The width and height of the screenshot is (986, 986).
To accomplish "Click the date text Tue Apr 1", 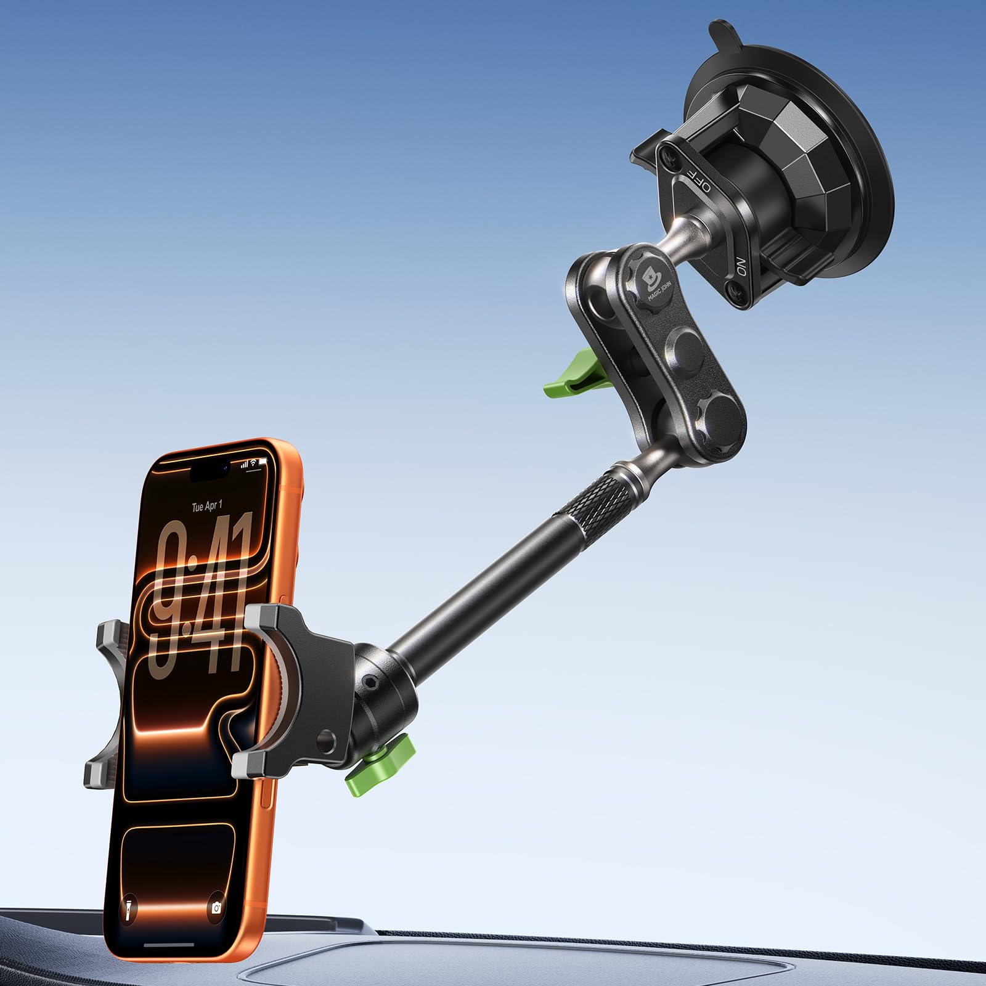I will [x=207, y=507].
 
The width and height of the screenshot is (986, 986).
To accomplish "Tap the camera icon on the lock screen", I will [x=216, y=908].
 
